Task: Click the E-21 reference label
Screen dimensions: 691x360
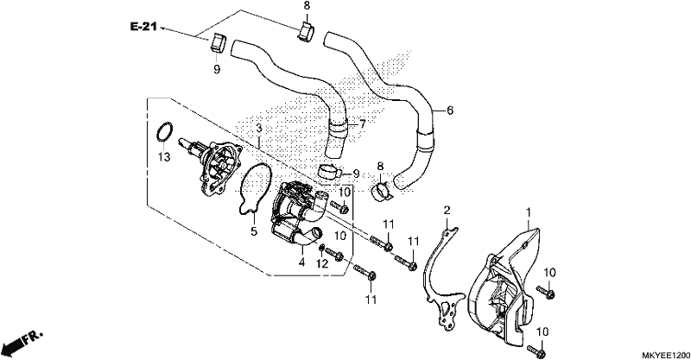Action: click(x=143, y=27)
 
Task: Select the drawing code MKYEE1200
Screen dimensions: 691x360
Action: click(x=664, y=355)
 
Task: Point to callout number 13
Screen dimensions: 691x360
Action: click(x=164, y=157)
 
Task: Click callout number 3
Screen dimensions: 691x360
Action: click(x=259, y=129)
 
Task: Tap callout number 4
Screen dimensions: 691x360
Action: click(x=301, y=262)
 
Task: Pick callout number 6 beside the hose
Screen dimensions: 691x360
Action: click(x=449, y=111)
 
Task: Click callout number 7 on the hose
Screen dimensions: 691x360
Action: click(x=362, y=124)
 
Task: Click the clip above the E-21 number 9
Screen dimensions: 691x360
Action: click(x=217, y=43)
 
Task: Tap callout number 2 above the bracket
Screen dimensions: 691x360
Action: click(x=447, y=211)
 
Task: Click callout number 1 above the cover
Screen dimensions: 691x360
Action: click(x=528, y=214)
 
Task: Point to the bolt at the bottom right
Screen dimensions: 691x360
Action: click(x=538, y=351)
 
